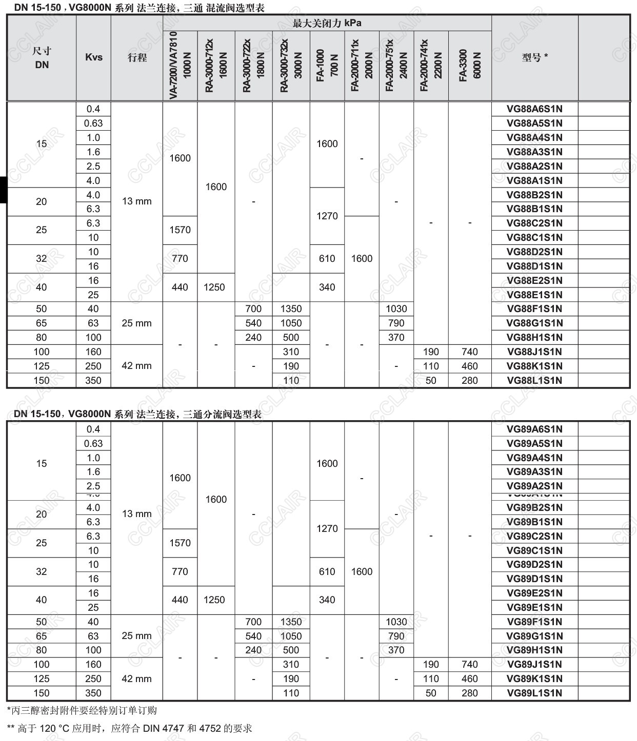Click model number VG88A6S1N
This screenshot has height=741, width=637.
coord(534,109)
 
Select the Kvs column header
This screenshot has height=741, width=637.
coord(93,57)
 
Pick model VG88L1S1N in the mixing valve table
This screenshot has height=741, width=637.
coord(534,380)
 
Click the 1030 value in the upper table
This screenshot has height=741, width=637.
coord(396,308)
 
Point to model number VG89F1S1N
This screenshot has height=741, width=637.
coord(534,622)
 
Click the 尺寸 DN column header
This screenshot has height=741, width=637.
coord(42,57)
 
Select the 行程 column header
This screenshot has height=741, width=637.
coord(137,57)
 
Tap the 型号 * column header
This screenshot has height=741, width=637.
coord(534,57)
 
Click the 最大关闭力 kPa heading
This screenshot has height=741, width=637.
coord(327,23)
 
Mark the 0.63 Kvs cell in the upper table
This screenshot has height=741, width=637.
coord(93,123)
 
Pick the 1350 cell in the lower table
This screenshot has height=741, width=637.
coord(291,622)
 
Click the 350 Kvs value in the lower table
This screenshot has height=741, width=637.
coord(93,693)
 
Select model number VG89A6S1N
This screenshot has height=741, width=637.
coord(534,429)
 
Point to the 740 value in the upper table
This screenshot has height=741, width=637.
coord(469,352)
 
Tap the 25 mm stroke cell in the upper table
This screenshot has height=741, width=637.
coord(137,323)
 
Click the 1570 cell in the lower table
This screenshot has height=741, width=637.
coord(180,543)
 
